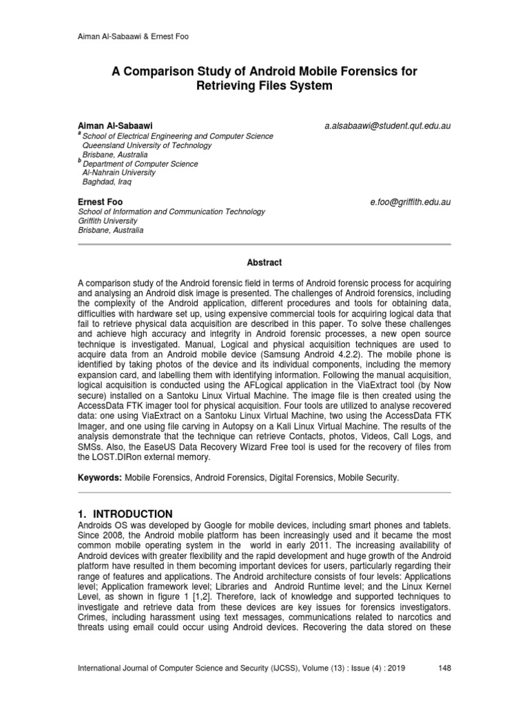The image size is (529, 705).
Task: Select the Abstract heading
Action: (264, 262)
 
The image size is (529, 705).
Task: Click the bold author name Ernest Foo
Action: (99, 203)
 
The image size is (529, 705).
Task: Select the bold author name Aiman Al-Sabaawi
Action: (115, 127)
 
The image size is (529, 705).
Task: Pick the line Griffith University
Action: (108, 222)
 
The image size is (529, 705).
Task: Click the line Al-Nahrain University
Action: (118, 173)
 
